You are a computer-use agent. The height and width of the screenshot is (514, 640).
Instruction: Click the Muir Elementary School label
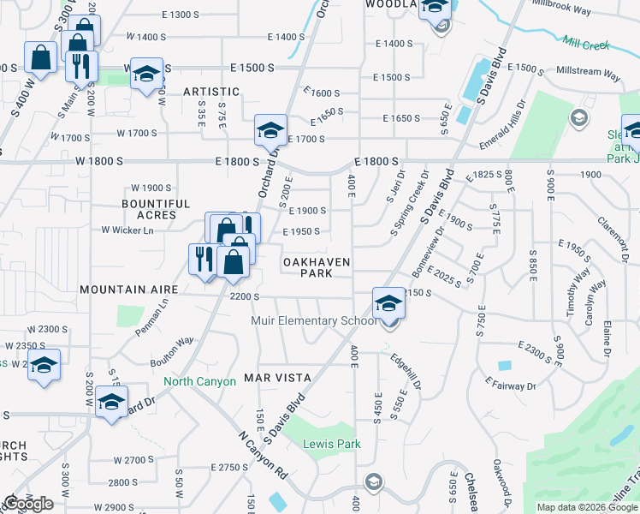pos(312,321)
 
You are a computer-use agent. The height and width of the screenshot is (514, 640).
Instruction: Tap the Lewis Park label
pos(333,444)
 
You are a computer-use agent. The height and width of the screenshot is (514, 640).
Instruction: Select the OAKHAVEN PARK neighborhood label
pos(317,266)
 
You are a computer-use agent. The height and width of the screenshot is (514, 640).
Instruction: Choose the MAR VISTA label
pos(276,377)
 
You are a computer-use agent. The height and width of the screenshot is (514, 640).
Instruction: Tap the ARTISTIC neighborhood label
pos(210,92)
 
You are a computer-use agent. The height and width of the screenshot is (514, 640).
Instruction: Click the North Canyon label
pos(199,381)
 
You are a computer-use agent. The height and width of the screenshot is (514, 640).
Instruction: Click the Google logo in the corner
pos(28,504)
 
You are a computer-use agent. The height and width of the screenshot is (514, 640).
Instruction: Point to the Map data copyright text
pos(587,507)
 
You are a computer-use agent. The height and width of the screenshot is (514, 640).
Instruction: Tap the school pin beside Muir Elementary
pos(388,303)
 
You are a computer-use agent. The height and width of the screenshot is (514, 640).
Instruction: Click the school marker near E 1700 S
pos(270,131)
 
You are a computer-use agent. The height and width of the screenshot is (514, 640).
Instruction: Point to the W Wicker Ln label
pos(127,230)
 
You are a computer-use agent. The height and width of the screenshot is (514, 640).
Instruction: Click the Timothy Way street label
pos(579,292)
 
